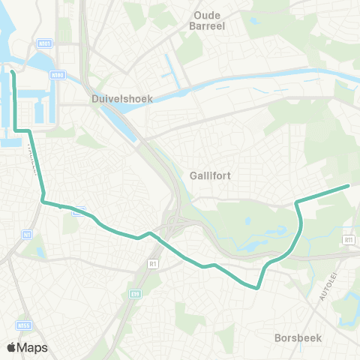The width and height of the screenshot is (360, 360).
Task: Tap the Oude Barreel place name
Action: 216,21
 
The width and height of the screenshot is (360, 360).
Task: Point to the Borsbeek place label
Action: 298,338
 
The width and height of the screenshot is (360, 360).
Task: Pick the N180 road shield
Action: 58,75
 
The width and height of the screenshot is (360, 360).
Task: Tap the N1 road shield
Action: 27,235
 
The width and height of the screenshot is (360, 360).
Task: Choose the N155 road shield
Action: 23,325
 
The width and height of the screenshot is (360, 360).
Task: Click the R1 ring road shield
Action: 153,264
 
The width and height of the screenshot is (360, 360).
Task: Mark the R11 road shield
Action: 348,239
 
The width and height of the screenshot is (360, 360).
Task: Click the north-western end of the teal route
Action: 12,72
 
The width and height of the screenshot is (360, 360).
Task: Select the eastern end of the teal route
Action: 349,185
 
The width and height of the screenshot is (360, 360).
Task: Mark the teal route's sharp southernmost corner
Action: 256,287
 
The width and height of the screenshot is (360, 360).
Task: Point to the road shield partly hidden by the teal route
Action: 76,212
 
